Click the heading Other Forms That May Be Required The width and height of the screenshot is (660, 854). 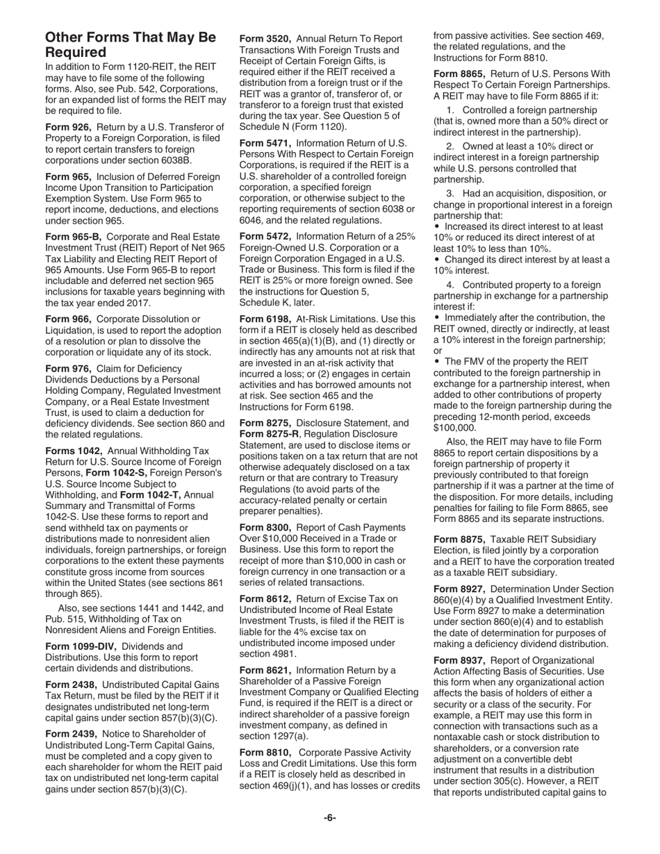(x=131, y=44)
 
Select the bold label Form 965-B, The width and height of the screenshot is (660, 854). (x=73, y=236)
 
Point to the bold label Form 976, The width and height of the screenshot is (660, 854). (x=68, y=369)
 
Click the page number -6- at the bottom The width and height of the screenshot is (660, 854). (x=329, y=818)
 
